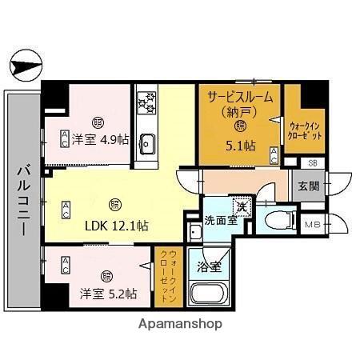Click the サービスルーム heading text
tap(239, 96)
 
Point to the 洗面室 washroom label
tap(219, 220)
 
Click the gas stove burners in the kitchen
tap(146, 102)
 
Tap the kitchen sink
tap(147, 144)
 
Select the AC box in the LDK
tap(66, 210)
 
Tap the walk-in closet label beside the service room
tap(305, 131)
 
